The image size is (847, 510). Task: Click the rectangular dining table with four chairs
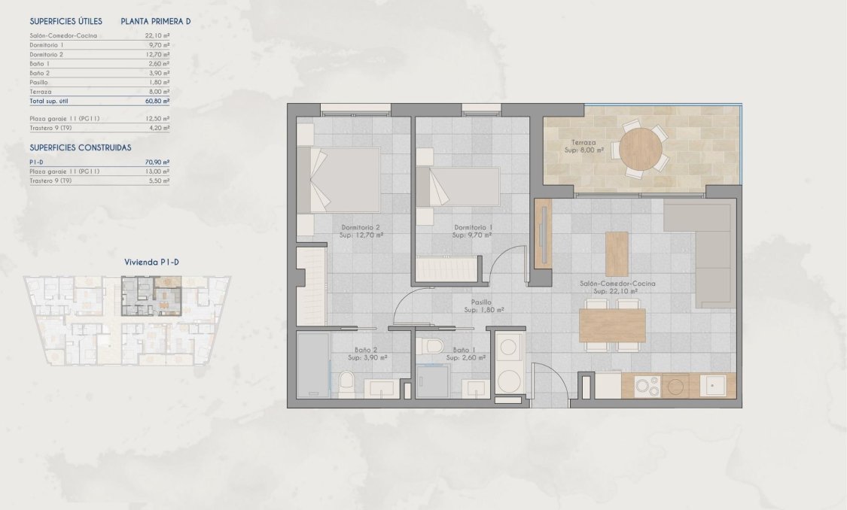611,325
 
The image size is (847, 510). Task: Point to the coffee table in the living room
617,253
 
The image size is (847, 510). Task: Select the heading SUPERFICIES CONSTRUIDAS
80,148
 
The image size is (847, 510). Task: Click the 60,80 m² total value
157,100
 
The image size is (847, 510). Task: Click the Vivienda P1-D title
151,263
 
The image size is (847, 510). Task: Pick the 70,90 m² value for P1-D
157,162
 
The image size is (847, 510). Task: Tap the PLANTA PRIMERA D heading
156,22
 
